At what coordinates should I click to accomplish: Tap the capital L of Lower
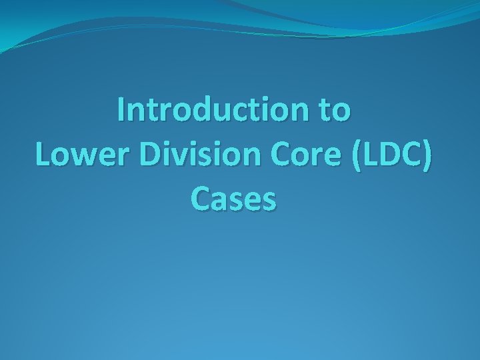42,155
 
